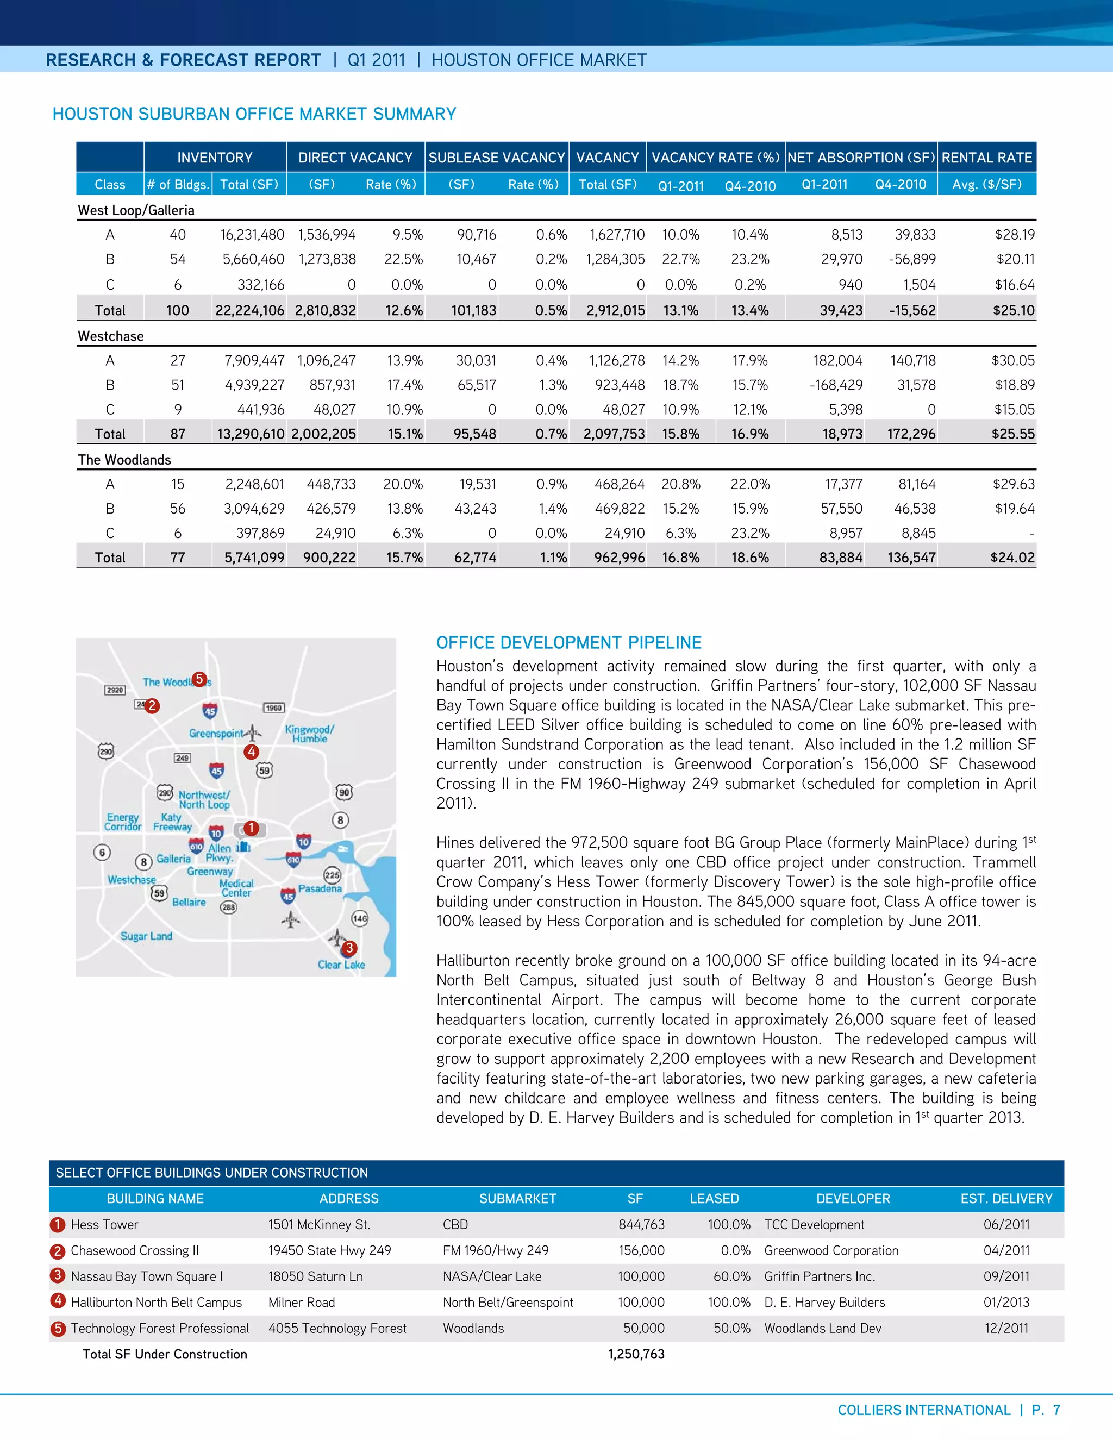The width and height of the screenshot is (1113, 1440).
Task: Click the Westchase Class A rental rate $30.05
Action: (x=1013, y=361)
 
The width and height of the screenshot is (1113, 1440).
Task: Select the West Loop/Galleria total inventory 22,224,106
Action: (x=250, y=310)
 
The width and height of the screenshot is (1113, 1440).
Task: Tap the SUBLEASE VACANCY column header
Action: (x=497, y=158)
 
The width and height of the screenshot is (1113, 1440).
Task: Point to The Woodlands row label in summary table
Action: (x=124, y=460)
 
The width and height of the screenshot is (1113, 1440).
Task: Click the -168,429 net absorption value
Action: (x=835, y=385)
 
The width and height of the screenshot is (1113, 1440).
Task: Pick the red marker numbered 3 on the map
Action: (x=349, y=948)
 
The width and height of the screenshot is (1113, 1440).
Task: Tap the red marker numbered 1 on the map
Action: (x=251, y=828)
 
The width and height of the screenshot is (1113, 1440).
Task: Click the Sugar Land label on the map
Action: (x=146, y=936)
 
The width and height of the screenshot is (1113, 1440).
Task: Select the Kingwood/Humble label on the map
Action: (x=309, y=734)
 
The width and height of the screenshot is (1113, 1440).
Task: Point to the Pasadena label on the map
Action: (x=320, y=889)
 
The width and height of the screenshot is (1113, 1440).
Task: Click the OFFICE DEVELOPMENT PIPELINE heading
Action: (x=568, y=643)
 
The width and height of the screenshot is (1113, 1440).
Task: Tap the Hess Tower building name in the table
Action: (x=104, y=1224)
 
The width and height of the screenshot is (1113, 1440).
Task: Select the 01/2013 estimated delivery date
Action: (x=1005, y=1302)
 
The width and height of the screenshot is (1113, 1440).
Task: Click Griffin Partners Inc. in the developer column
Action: (x=819, y=1276)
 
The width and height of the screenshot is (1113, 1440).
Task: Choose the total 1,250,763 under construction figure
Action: (x=636, y=1354)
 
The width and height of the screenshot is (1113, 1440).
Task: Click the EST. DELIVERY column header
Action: (x=1005, y=1199)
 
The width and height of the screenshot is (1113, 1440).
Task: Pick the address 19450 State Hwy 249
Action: (x=329, y=1251)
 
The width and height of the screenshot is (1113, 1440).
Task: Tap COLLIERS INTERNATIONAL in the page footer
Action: (x=923, y=1410)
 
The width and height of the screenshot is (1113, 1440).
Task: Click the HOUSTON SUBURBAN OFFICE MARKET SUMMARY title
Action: (x=254, y=114)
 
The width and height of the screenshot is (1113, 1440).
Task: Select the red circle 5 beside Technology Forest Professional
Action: (x=58, y=1329)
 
